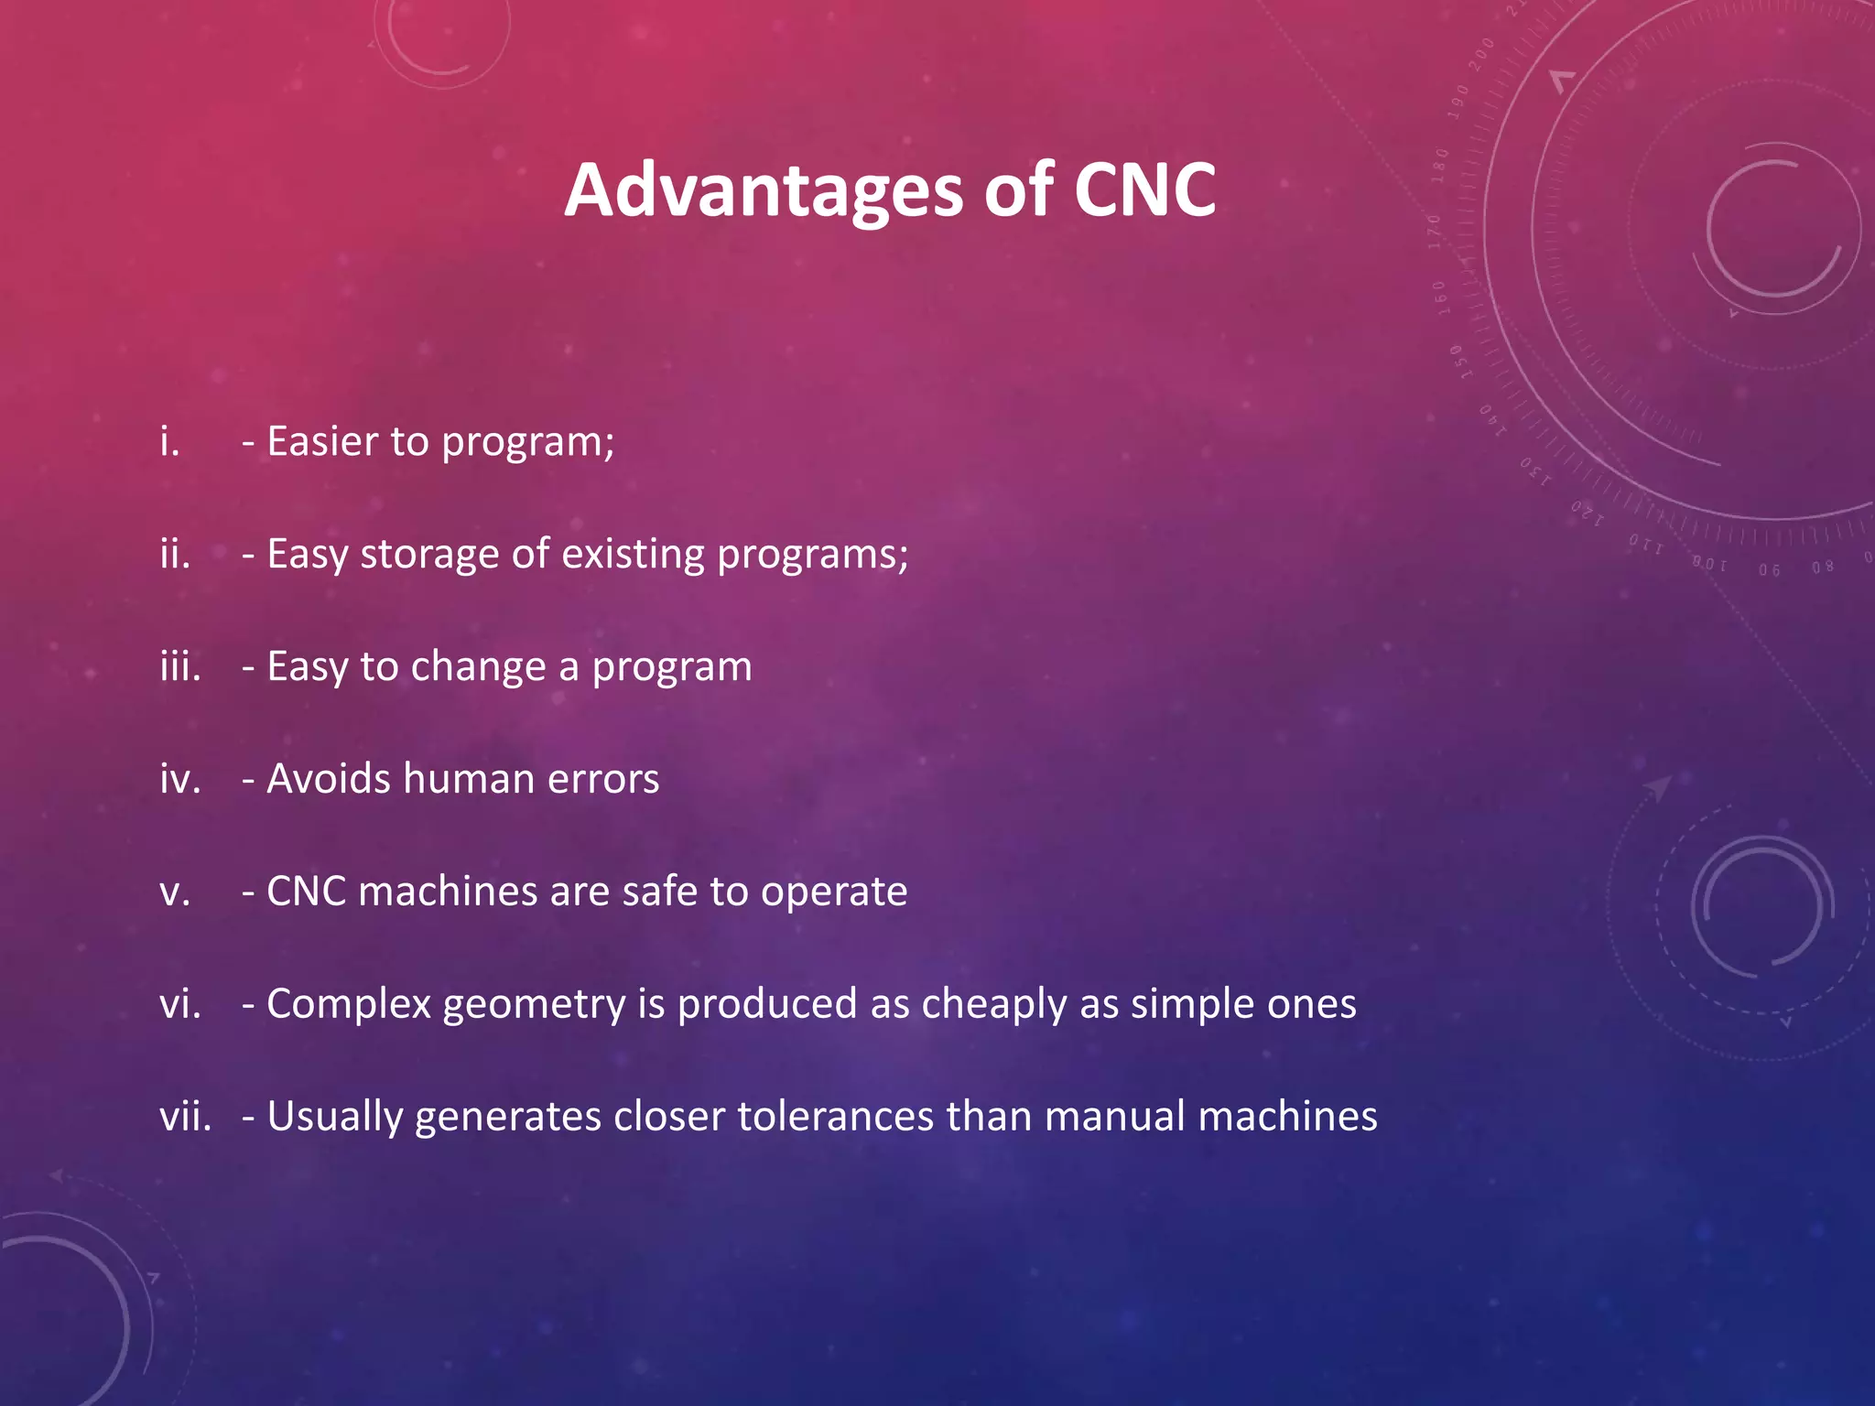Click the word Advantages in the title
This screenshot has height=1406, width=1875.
coord(763,191)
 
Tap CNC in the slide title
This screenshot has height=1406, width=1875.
coord(1143,189)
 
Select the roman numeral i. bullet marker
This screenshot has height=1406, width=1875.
coord(170,442)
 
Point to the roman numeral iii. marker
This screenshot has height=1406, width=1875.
coord(180,666)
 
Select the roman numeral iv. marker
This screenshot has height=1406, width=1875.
coord(180,779)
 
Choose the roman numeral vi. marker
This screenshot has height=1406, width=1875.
coord(180,1004)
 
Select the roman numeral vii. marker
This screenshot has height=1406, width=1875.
coord(186,1117)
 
